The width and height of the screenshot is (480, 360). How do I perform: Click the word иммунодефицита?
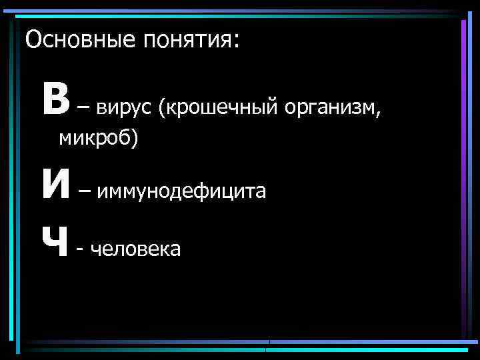(x=181, y=192)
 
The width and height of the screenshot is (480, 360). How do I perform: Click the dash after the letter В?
(x=85, y=106)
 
